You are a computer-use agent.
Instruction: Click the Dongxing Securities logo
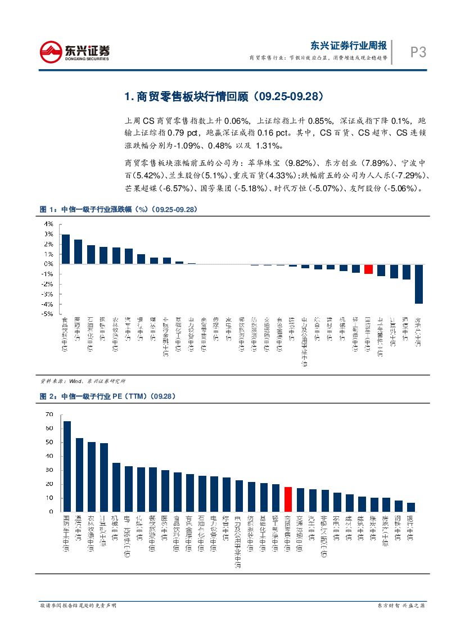[75, 52]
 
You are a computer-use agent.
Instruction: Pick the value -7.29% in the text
[409, 175]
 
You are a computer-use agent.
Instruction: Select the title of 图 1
[118, 209]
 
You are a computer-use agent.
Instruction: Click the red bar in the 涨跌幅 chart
[368, 269]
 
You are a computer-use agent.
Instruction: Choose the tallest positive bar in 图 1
[66, 249]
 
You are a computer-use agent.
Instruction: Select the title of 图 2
[107, 396]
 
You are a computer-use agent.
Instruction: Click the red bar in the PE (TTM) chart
[288, 499]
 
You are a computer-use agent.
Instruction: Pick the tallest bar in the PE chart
[67, 466]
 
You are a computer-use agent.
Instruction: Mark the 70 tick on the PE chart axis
[49, 414]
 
